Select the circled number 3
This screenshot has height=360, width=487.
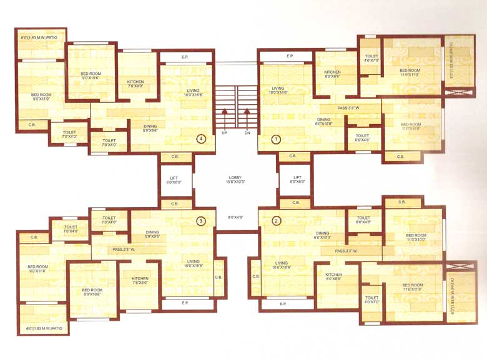[200, 220]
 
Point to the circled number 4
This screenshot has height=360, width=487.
[200, 139]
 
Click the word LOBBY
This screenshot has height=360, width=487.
[235, 178]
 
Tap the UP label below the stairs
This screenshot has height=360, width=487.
[224, 134]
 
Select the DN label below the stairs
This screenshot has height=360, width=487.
[248, 134]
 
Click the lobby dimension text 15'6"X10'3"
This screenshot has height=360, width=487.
[235, 183]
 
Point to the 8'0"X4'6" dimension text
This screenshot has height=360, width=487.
[235, 217]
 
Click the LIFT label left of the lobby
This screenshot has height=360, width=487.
[174, 178]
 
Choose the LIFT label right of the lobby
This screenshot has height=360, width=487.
[298, 178]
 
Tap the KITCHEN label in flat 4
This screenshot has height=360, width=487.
[135, 82]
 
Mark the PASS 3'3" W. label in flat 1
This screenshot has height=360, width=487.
[349, 108]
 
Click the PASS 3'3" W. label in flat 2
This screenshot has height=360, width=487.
[347, 251]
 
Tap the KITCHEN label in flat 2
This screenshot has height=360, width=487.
[333, 275]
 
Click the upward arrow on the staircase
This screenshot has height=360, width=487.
[224, 115]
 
